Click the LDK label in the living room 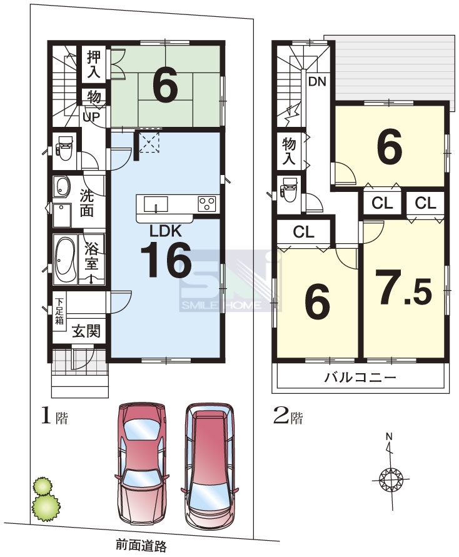coord(165,231)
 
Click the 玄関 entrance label coord(86,331)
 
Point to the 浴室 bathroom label coord(92,256)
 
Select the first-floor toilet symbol coord(64,148)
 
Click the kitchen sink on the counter coord(156,204)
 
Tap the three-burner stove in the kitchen coord(207,204)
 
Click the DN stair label coord(317,81)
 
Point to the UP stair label coord(91,116)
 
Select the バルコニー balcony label coord(360,377)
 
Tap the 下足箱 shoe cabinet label coord(59,311)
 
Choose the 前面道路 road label coord(141,545)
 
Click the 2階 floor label coord(288,416)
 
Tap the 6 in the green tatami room coord(165,86)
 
